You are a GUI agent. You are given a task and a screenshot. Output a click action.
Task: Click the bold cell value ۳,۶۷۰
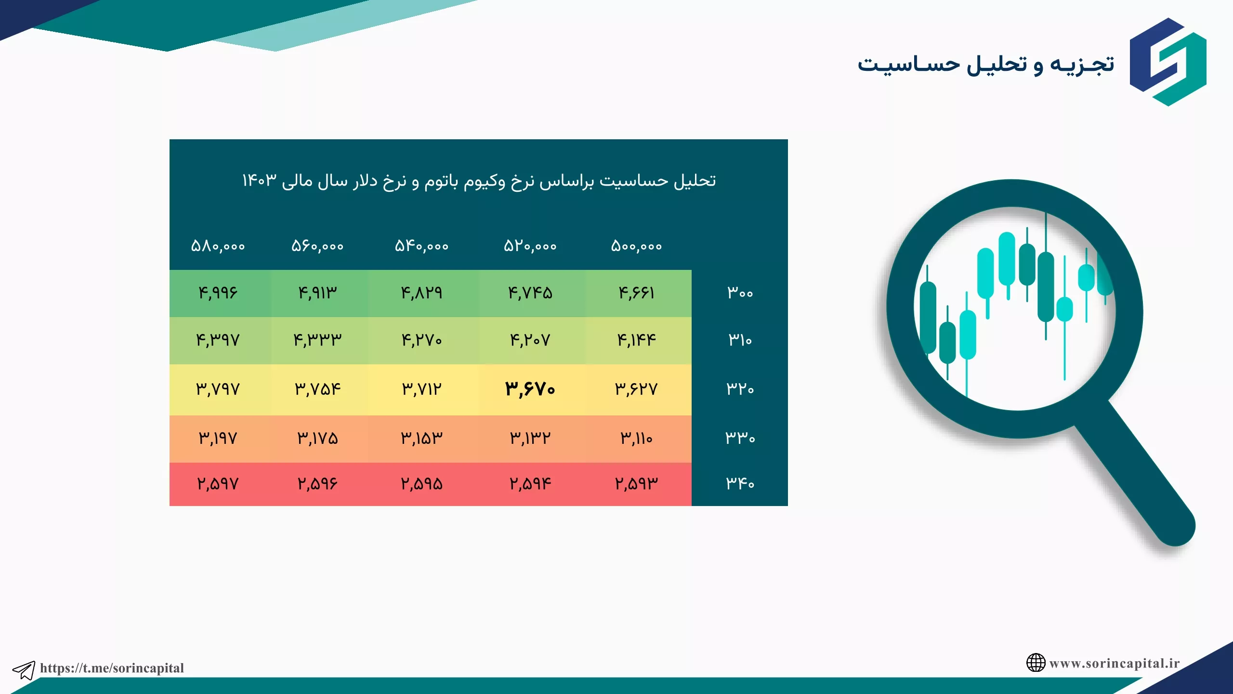[530, 389]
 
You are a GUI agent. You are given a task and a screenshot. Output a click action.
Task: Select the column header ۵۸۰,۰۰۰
[218, 246]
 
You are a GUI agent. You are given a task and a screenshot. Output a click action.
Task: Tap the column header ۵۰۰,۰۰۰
[636, 246]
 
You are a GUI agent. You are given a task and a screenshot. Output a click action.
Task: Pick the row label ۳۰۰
[740, 292]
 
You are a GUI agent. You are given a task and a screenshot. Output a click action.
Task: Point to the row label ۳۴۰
[740, 483]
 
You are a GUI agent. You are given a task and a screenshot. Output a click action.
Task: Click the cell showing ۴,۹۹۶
[218, 293]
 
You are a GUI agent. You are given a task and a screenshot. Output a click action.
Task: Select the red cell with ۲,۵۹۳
[636, 483]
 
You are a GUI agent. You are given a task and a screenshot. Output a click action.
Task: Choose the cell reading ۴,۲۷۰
[421, 340]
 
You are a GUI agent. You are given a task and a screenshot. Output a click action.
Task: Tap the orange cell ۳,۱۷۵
[317, 438]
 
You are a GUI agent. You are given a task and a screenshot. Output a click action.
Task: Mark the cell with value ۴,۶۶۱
[636, 293]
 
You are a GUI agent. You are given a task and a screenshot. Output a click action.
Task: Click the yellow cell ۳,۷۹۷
[218, 389]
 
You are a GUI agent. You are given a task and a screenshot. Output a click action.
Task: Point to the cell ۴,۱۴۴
[636, 340]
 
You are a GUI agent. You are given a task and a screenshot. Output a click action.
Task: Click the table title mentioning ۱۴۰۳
[479, 181]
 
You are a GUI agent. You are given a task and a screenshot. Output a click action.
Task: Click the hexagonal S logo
[1168, 62]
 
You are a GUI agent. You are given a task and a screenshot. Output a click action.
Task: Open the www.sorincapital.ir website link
[1115, 663]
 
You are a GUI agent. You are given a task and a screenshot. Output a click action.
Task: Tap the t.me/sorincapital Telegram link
[112, 668]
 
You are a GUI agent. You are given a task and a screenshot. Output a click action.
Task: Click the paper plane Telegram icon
[24, 670]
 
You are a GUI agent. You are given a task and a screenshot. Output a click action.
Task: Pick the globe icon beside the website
[1036, 663]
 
